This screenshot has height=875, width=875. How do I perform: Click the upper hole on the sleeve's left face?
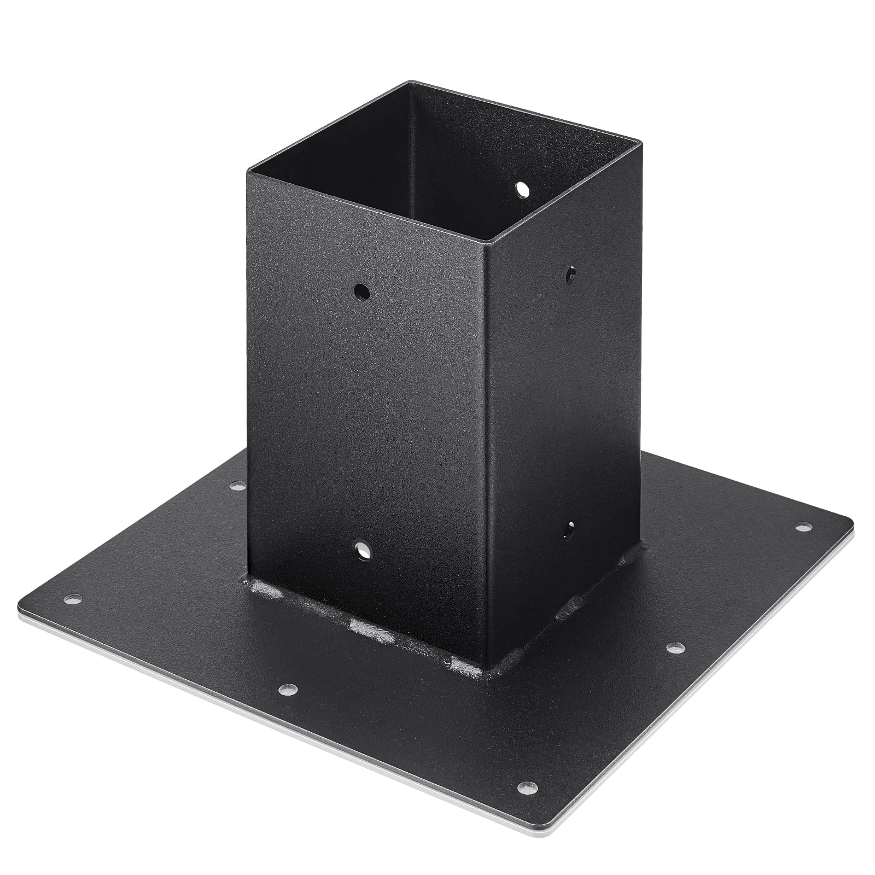click(361, 291)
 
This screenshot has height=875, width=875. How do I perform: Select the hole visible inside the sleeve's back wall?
click(523, 189)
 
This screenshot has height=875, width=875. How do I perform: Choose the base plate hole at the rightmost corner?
click(803, 528)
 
